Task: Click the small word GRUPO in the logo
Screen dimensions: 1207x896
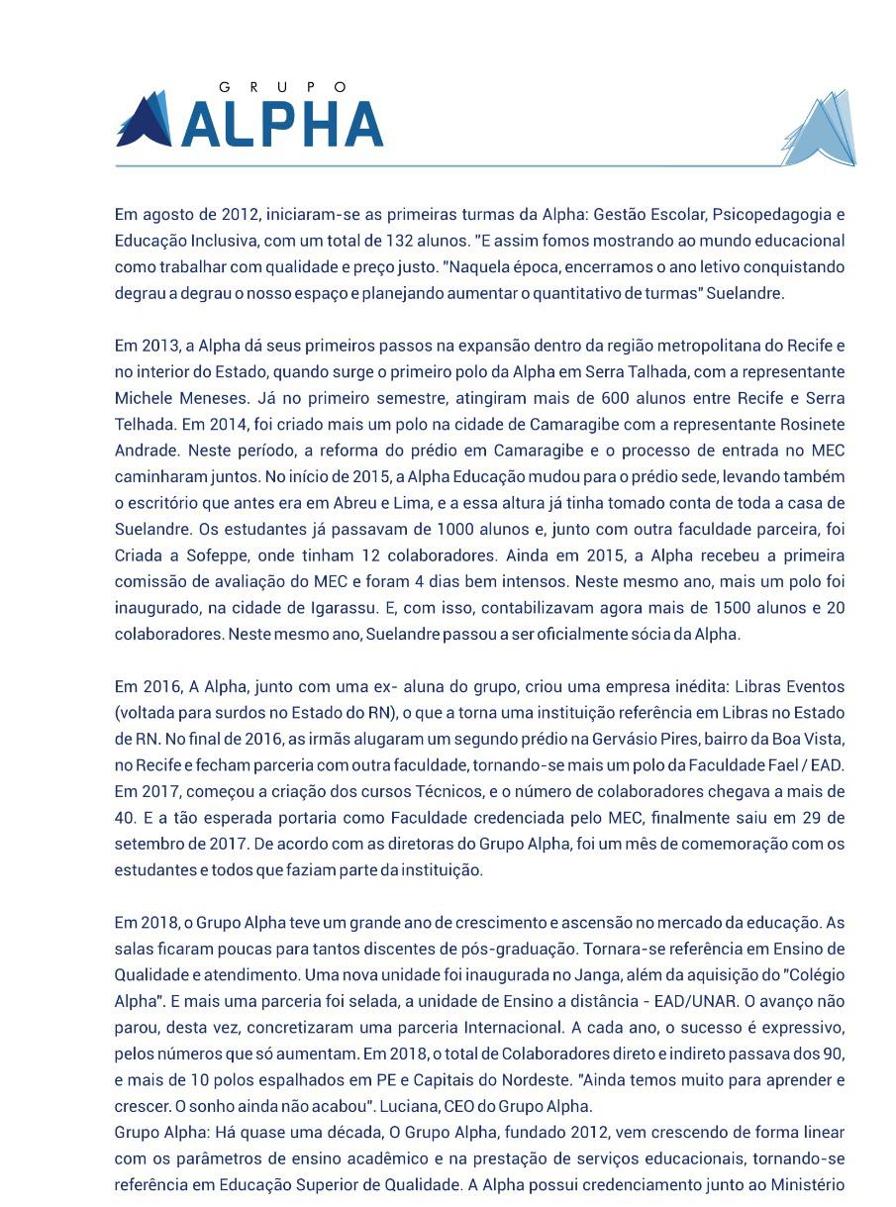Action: coord(283,87)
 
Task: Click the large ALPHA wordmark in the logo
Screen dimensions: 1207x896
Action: coord(283,126)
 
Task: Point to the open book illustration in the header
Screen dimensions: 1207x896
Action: coord(821,130)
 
